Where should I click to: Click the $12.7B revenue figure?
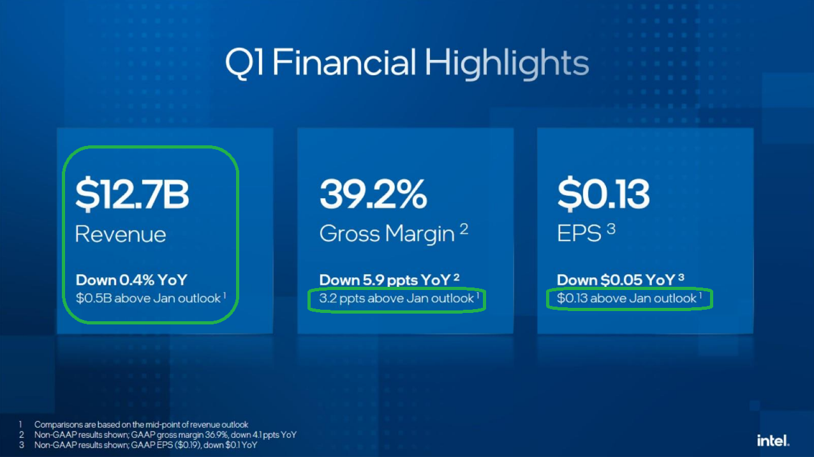[132, 194]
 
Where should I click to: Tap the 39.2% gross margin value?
[373, 194]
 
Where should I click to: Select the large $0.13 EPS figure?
[603, 194]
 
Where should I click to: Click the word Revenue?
[121, 234]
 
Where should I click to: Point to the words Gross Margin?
[387, 234]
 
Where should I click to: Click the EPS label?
[579, 233]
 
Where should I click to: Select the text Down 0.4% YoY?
[131, 280]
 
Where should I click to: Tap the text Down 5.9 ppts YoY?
[385, 280]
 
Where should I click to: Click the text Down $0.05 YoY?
[616, 280]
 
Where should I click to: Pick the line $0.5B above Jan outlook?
[148, 298]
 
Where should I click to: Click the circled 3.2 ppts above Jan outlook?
[396, 298]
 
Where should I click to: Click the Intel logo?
[773, 440]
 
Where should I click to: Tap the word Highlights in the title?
[507, 63]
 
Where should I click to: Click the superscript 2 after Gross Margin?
[464, 229]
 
